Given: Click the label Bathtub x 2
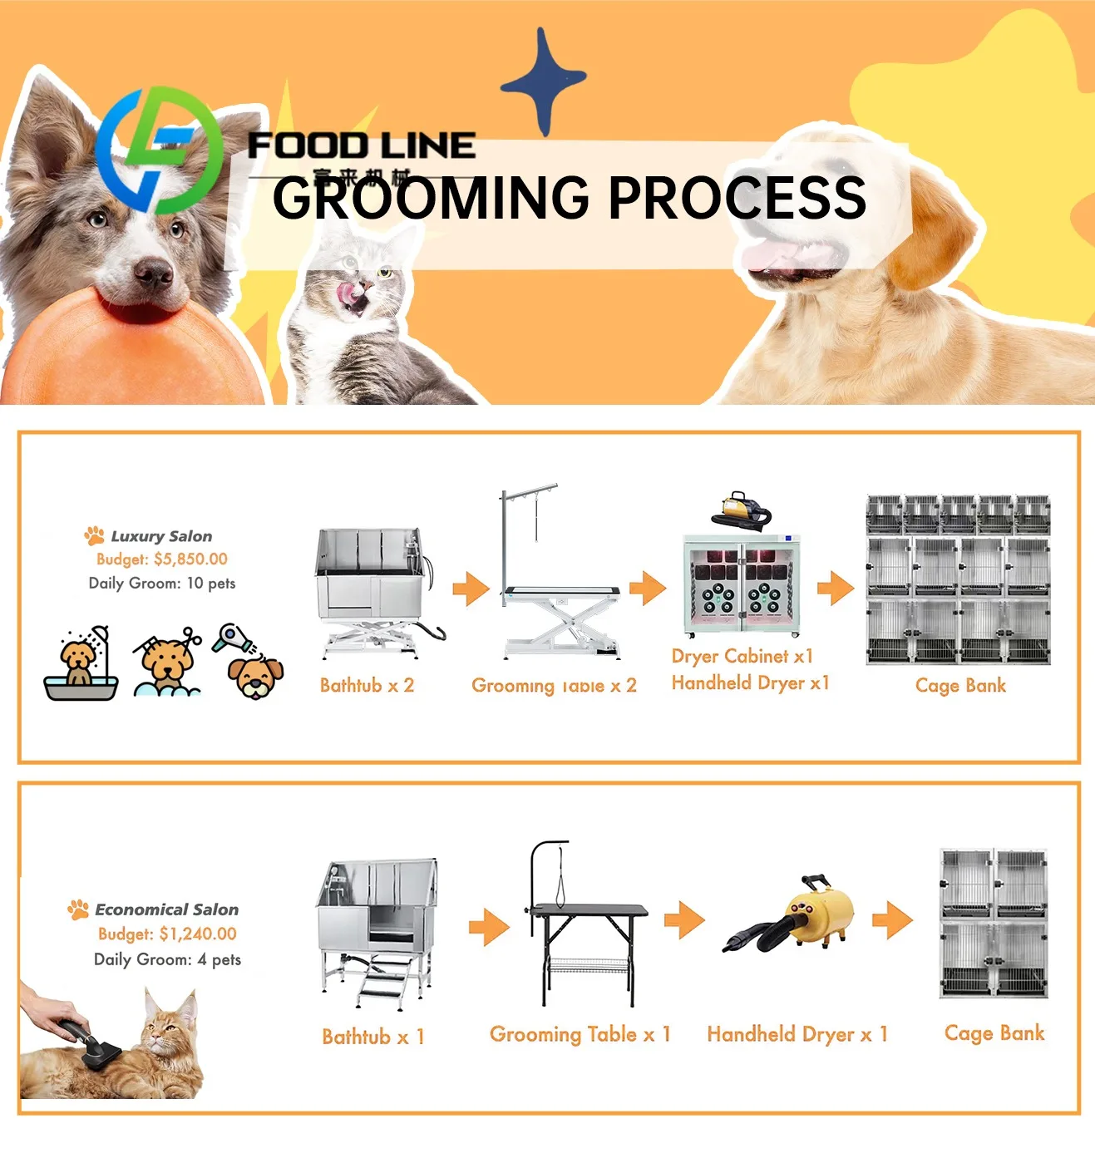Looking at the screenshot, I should click(x=367, y=686).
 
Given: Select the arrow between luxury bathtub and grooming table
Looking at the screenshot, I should click(x=471, y=589).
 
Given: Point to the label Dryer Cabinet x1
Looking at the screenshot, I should click(x=742, y=656).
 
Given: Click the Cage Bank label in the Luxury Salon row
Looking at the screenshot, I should click(x=960, y=686).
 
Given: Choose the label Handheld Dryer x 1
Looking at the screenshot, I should click(x=797, y=1034).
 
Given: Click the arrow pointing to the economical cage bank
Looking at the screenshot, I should click(x=892, y=920).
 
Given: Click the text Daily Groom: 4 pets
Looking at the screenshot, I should click(x=167, y=959).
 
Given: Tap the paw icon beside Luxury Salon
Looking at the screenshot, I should click(x=94, y=535).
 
